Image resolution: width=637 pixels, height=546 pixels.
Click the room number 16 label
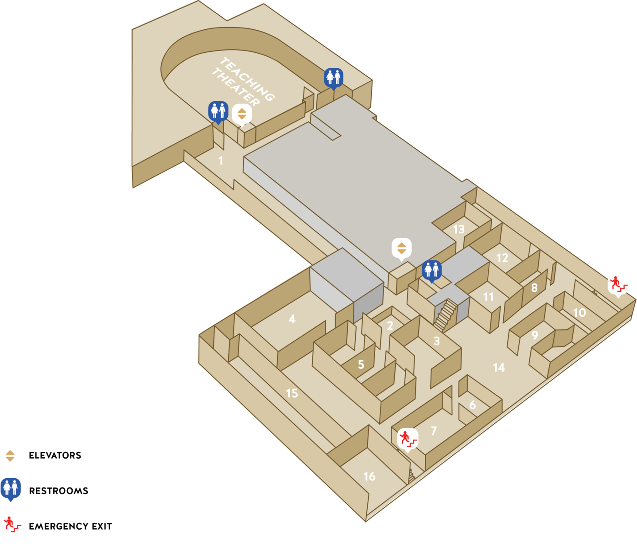pyautogui.click(x=369, y=476)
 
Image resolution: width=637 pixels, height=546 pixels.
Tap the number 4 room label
pyautogui.click(x=292, y=319)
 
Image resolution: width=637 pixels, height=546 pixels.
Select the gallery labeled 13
pyautogui.click(x=458, y=229)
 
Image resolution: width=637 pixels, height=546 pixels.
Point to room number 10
pyautogui.click(x=579, y=313)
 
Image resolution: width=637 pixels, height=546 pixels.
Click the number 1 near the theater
pyautogui.click(x=221, y=160)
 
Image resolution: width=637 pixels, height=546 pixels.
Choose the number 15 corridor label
pyautogui.click(x=291, y=393)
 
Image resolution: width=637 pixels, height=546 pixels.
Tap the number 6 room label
pyautogui.click(x=472, y=405)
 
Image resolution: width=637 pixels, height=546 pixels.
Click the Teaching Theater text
pyautogui.click(x=243, y=82)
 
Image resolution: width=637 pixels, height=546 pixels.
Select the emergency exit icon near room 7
pyautogui.click(x=408, y=439)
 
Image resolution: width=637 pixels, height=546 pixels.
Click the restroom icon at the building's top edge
pyautogui.click(x=334, y=78)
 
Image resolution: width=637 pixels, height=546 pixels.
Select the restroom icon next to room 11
pyautogui.click(x=431, y=270)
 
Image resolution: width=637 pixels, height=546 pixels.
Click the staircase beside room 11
pyautogui.click(x=446, y=314)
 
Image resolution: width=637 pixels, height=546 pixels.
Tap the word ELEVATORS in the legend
pyautogui.click(x=55, y=456)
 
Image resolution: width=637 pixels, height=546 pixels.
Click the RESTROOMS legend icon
pyautogui.click(x=11, y=489)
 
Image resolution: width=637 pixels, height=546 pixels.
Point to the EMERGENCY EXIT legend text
pyautogui.click(x=70, y=526)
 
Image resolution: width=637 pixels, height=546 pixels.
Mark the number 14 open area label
pyautogui.click(x=498, y=368)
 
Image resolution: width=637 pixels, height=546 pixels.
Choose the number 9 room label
pyautogui.click(x=535, y=335)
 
